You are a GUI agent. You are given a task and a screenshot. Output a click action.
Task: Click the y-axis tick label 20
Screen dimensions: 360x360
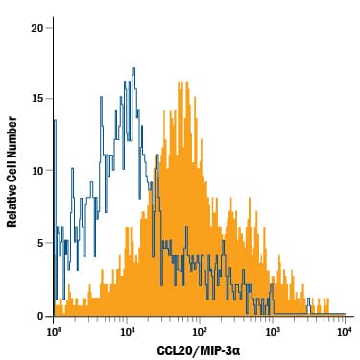click(36, 28)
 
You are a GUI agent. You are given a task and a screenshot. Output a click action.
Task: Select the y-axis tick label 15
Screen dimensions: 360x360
click(36, 99)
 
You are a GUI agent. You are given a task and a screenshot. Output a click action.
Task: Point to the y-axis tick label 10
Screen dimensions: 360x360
click(36, 171)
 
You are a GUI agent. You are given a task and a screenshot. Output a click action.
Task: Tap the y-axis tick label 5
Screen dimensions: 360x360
click(39, 243)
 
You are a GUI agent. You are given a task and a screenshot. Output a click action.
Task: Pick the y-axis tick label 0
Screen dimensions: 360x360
click(39, 316)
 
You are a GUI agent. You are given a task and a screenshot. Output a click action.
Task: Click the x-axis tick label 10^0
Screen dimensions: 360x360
click(54, 332)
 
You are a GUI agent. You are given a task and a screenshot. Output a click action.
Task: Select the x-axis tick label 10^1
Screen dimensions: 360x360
click(127, 332)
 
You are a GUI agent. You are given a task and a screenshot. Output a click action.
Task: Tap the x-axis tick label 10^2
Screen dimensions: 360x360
click(200, 332)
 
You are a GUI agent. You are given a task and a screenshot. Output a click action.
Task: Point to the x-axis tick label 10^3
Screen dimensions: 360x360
click(272, 332)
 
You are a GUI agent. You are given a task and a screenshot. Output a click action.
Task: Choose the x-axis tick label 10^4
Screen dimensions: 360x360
click(344, 332)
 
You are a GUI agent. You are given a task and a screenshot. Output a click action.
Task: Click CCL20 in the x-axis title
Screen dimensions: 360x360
click(178, 351)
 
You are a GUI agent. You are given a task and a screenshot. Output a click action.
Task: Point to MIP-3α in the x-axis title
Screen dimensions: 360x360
click(219, 351)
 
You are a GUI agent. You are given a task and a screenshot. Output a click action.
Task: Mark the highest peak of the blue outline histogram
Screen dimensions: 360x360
click(134, 68)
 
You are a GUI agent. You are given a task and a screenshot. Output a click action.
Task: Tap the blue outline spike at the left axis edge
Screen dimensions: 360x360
click(55, 120)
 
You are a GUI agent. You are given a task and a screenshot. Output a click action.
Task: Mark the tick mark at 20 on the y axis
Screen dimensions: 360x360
click(50, 28)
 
